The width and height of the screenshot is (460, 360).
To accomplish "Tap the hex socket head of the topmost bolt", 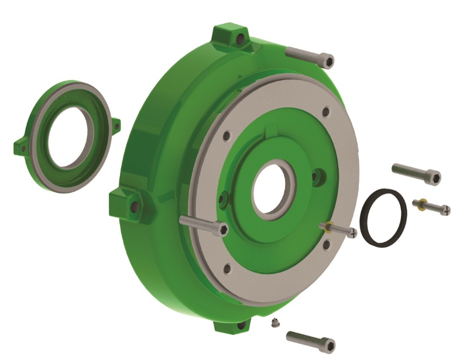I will (x=328, y=60).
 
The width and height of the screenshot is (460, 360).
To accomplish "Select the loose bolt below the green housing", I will (x=310, y=340).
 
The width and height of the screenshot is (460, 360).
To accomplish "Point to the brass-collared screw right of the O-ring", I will (x=431, y=205).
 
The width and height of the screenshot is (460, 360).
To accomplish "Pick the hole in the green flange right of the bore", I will (x=317, y=174).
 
